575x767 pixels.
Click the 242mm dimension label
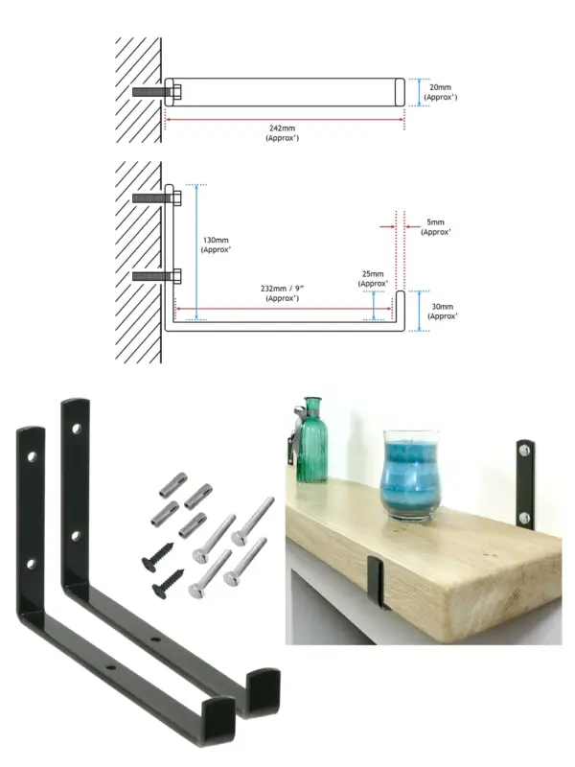[x=282, y=133]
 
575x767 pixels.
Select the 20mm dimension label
[x=440, y=92]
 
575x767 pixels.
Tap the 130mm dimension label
[x=216, y=244]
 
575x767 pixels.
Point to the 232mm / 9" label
[x=282, y=293]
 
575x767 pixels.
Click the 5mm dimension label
[x=436, y=227]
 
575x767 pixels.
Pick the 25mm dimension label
[x=373, y=279]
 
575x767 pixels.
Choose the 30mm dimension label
[x=443, y=311]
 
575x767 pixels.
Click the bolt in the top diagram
[x=157, y=91]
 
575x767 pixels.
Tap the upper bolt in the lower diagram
[x=157, y=198]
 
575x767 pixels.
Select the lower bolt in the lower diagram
[x=157, y=276]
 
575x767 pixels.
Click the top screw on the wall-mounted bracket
[x=523, y=448]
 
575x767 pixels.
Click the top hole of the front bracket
[x=33, y=457]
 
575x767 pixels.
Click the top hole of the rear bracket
[x=77, y=429]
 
